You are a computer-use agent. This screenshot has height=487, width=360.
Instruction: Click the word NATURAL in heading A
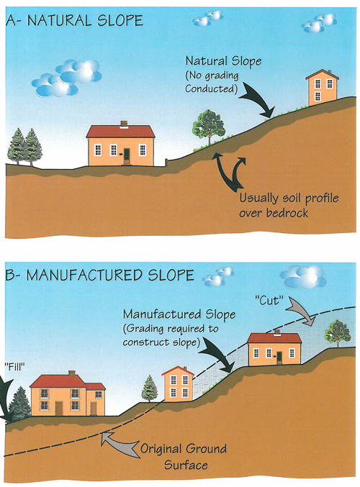tap(60, 20)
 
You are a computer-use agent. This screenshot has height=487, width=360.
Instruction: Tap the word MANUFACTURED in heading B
tap(84, 276)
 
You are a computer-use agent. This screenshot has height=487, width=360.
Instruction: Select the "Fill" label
tap(14, 367)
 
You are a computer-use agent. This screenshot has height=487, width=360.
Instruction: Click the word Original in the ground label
tap(161, 450)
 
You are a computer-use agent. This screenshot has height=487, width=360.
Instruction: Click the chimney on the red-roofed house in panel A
tap(124, 124)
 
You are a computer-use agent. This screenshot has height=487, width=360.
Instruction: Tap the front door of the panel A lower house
tap(127, 156)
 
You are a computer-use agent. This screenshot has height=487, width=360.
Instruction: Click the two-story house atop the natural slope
tap(322, 88)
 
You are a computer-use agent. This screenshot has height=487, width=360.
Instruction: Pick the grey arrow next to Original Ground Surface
tap(120, 444)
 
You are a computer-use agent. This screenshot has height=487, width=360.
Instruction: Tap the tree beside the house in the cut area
tap(338, 333)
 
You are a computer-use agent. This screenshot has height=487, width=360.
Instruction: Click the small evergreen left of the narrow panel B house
tap(150, 388)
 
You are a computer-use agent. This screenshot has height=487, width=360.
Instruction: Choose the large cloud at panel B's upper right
tap(303, 276)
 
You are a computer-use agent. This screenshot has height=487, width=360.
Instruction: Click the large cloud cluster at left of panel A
tap(67, 78)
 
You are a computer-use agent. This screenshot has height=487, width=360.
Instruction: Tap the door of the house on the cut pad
tap(279, 358)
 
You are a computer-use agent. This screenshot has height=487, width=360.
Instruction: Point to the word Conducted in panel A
tap(211, 88)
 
